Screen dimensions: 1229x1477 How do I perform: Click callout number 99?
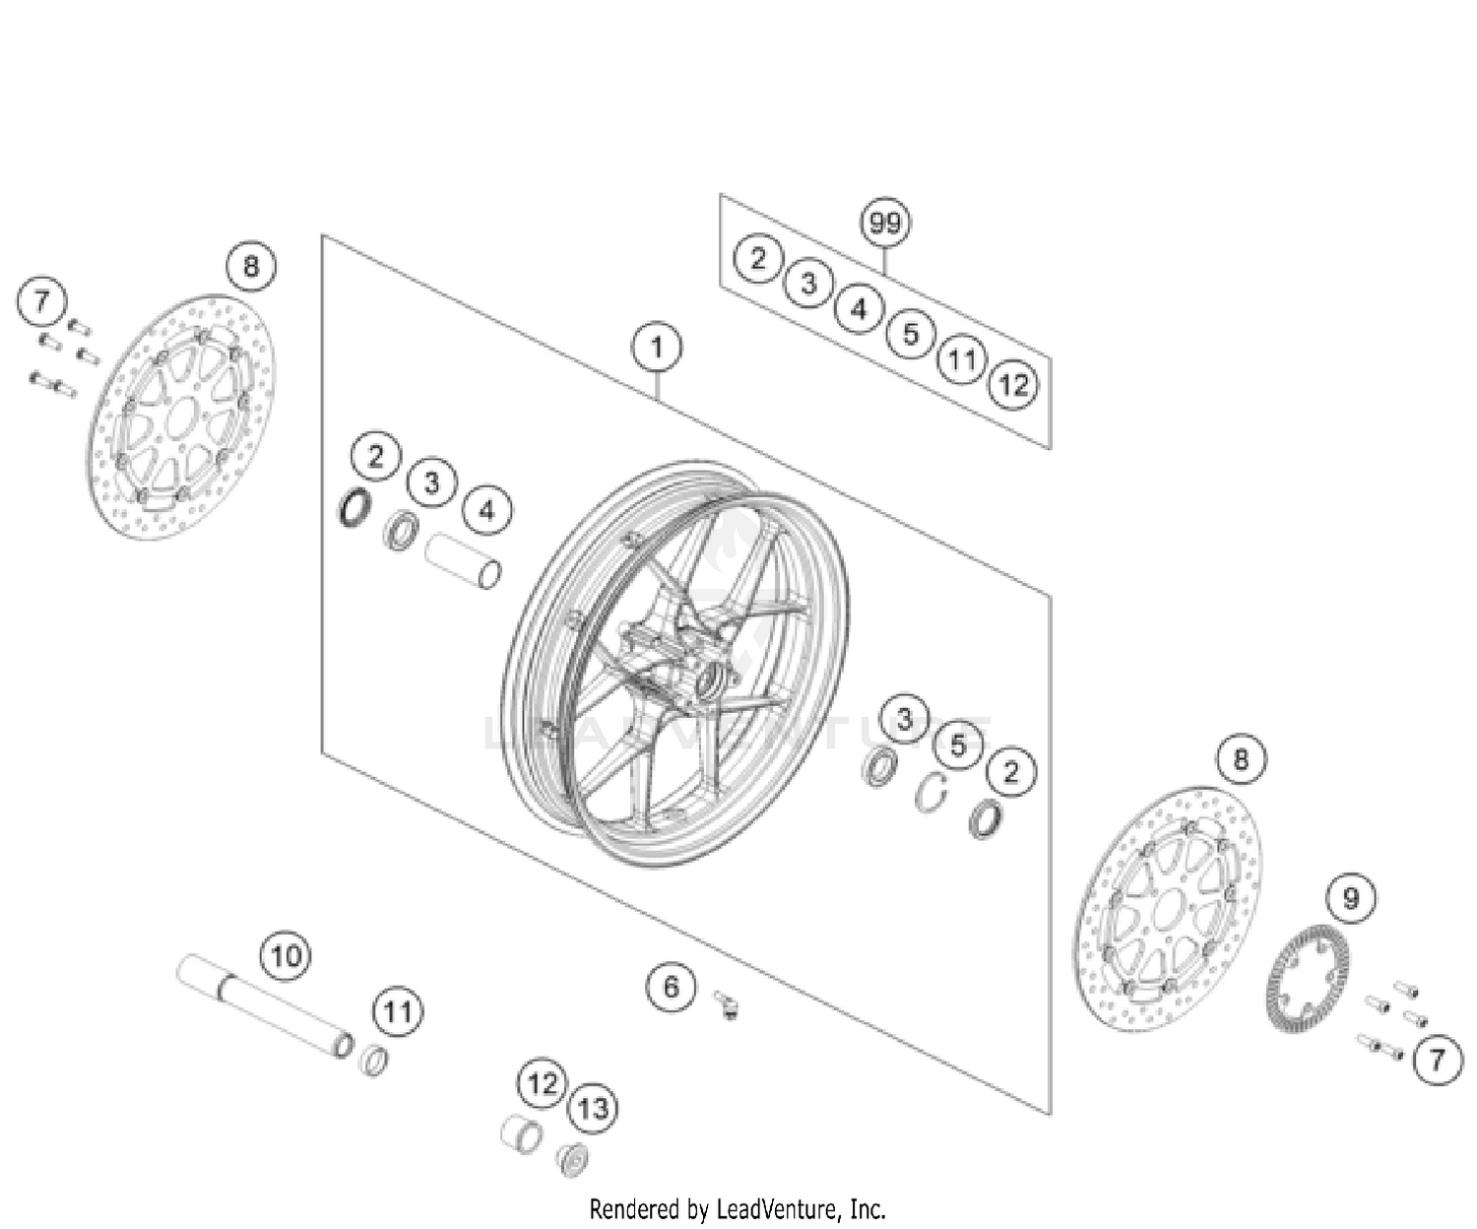[x=884, y=224]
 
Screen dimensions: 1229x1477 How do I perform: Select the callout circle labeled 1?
[x=657, y=348]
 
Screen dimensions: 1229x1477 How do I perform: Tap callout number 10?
[x=285, y=956]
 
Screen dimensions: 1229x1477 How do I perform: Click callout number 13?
[x=593, y=1109]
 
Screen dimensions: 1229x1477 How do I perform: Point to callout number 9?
[x=1351, y=898]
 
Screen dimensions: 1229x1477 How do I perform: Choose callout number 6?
[x=672, y=987]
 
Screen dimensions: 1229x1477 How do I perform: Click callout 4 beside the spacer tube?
[x=485, y=511]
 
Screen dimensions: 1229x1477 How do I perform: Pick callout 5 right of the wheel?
[x=958, y=745]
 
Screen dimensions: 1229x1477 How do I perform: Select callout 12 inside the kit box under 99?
[x=1013, y=385]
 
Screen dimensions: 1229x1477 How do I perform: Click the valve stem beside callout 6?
[x=728, y=1004]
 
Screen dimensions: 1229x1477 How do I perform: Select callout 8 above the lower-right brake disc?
[x=1240, y=759]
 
